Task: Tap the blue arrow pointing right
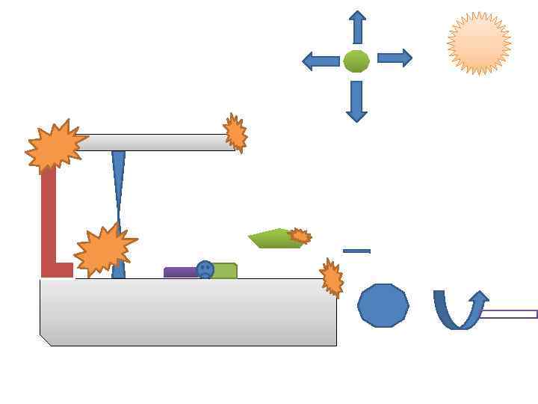click(x=395, y=58)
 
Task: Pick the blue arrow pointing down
click(x=356, y=101)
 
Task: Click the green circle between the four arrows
click(x=356, y=61)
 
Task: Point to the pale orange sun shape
click(x=479, y=43)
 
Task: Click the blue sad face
click(x=205, y=270)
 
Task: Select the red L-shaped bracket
click(x=49, y=224)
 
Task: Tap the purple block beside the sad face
click(x=179, y=272)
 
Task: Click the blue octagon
click(x=383, y=305)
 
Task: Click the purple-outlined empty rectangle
click(x=509, y=314)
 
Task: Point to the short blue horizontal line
click(x=356, y=251)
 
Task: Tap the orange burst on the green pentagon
click(x=300, y=236)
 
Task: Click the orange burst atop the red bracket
click(x=55, y=146)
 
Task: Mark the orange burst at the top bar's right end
click(x=235, y=133)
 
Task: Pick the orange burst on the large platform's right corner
click(x=331, y=278)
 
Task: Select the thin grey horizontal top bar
click(x=157, y=142)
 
